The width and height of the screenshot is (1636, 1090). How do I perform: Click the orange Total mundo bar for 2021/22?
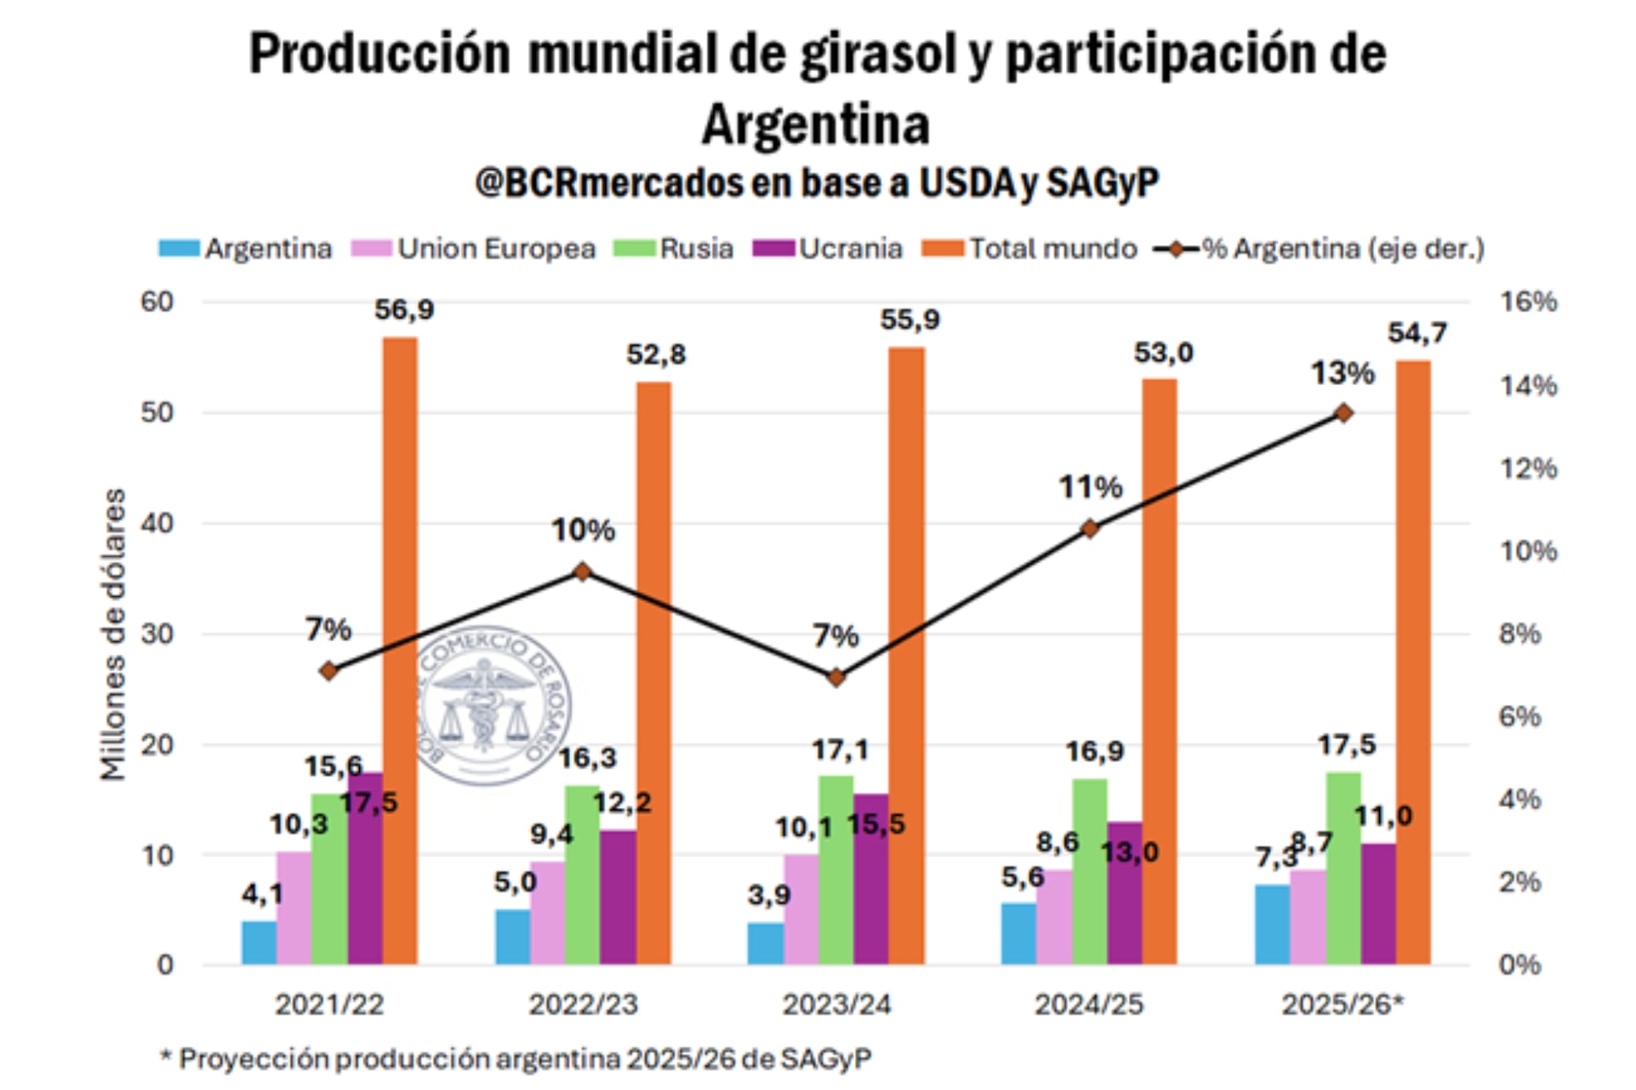click(x=400, y=654)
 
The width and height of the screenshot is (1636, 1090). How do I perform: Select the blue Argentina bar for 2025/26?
click(x=1272, y=925)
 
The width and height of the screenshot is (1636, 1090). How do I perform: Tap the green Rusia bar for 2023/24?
click(x=836, y=871)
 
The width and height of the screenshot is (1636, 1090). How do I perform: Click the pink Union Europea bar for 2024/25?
click(x=1054, y=917)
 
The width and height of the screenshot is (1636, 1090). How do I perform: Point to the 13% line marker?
click(x=1343, y=413)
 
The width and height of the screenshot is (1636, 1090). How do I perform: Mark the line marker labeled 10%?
click(x=582, y=572)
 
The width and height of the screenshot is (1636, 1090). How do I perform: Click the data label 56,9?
click(x=404, y=310)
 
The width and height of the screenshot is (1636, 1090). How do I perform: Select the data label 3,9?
click(x=769, y=895)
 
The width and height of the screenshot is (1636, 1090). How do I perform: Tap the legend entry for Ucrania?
click(x=828, y=249)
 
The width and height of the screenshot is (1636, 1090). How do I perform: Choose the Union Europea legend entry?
click(x=474, y=249)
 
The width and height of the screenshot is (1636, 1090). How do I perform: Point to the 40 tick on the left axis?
click(x=157, y=523)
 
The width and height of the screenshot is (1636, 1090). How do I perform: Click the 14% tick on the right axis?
click(x=1527, y=386)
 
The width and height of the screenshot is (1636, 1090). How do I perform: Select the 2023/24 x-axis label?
click(x=836, y=1005)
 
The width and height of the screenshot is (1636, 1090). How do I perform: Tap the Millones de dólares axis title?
click(x=113, y=635)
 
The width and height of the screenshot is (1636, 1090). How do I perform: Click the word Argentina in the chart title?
click(x=816, y=125)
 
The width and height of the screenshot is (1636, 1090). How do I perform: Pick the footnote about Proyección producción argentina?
click(x=515, y=1059)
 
